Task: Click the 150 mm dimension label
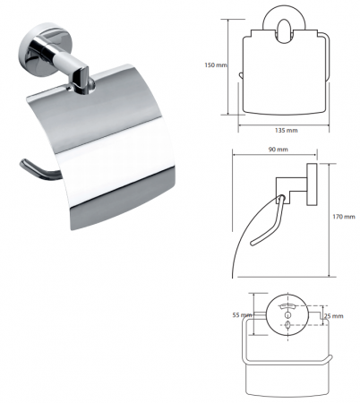tap(216, 64)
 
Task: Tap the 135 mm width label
tap(286, 130)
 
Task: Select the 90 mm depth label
tap(278, 149)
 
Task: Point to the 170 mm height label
tap(344, 217)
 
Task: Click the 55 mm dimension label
tap(242, 315)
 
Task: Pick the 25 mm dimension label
tap(334, 316)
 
